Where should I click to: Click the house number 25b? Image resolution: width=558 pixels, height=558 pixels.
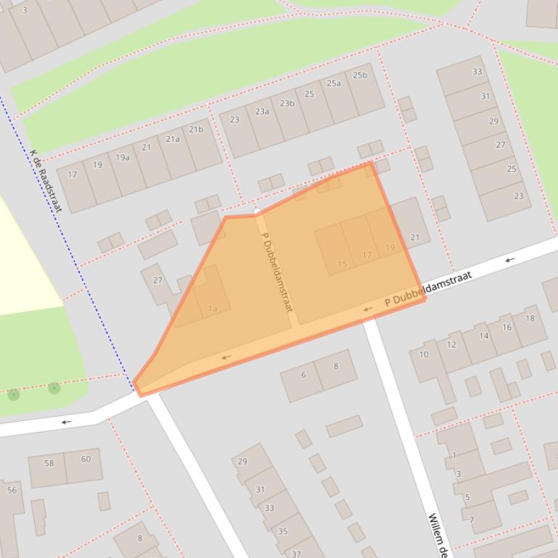(x=360, y=75)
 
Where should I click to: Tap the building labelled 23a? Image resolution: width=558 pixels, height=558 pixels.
(x=262, y=112)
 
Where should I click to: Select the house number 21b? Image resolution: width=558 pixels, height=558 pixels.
(x=196, y=130)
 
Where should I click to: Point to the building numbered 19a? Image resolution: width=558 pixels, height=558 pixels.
(x=123, y=157)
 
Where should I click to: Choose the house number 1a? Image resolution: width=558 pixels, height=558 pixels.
(x=213, y=309)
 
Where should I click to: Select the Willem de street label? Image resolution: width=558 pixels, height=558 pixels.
(x=437, y=535)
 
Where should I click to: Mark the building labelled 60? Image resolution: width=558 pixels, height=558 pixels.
(x=86, y=459)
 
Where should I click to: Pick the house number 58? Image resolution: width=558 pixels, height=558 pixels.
(x=49, y=463)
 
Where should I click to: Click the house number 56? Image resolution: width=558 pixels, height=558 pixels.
(x=12, y=491)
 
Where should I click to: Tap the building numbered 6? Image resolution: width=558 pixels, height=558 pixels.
(x=303, y=375)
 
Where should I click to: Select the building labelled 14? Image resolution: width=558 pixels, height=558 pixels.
(x=483, y=336)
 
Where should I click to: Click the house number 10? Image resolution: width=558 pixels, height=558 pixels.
(x=424, y=354)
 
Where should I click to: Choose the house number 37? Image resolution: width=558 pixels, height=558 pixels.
(x=296, y=554)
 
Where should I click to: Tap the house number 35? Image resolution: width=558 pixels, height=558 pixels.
(x=282, y=531)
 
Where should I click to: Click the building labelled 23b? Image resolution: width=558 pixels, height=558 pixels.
(x=287, y=104)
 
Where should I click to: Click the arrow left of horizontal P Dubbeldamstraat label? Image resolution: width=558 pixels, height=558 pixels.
(x=368, y=309)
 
